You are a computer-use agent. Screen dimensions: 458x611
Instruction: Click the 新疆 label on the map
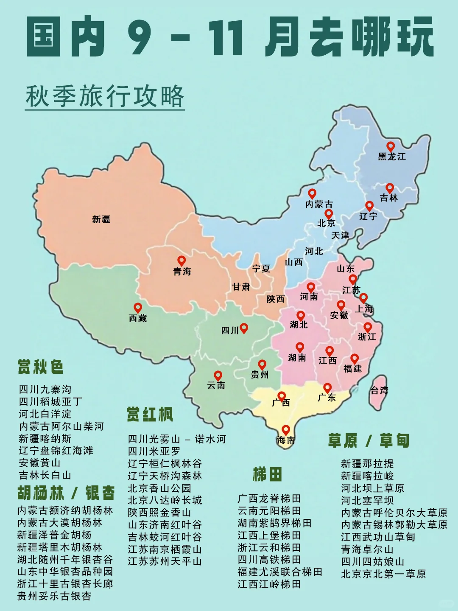pos(101,219)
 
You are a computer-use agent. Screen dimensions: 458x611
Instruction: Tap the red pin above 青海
pos(182,261)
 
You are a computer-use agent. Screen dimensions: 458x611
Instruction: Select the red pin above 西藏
pos(138,308)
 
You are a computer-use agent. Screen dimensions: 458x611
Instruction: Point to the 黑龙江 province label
pos(392,157)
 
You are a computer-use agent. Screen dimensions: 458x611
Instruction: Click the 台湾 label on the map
pos(379,390)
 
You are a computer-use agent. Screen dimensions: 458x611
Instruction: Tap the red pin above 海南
pos(286,430)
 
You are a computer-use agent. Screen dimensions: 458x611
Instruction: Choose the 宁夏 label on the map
pos(261,269)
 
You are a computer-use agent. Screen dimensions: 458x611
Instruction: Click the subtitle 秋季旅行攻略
pos(105,96)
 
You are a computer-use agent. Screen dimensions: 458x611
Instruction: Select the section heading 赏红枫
pos(150,415)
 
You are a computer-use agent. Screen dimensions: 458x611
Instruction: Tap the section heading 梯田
pos(267,474)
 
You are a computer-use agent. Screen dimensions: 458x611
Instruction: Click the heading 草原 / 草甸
pos(369,441)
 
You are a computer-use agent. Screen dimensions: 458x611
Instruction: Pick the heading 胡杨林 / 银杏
pos(66,493)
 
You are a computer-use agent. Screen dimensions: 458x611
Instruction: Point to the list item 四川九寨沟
pos(45,389)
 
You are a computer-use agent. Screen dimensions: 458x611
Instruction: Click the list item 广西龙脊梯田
pos(269,498)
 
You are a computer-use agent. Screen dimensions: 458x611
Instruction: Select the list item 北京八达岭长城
pos(165,500)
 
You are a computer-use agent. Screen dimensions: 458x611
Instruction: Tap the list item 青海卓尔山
pos(367,549)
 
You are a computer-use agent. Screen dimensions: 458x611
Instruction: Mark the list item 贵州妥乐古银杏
pos(54,596)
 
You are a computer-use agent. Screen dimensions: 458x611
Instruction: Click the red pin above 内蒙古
pos(312,193)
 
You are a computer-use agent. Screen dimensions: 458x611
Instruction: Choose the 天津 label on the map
pos(340,235)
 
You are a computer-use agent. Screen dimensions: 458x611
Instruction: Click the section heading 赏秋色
pos(41,367)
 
